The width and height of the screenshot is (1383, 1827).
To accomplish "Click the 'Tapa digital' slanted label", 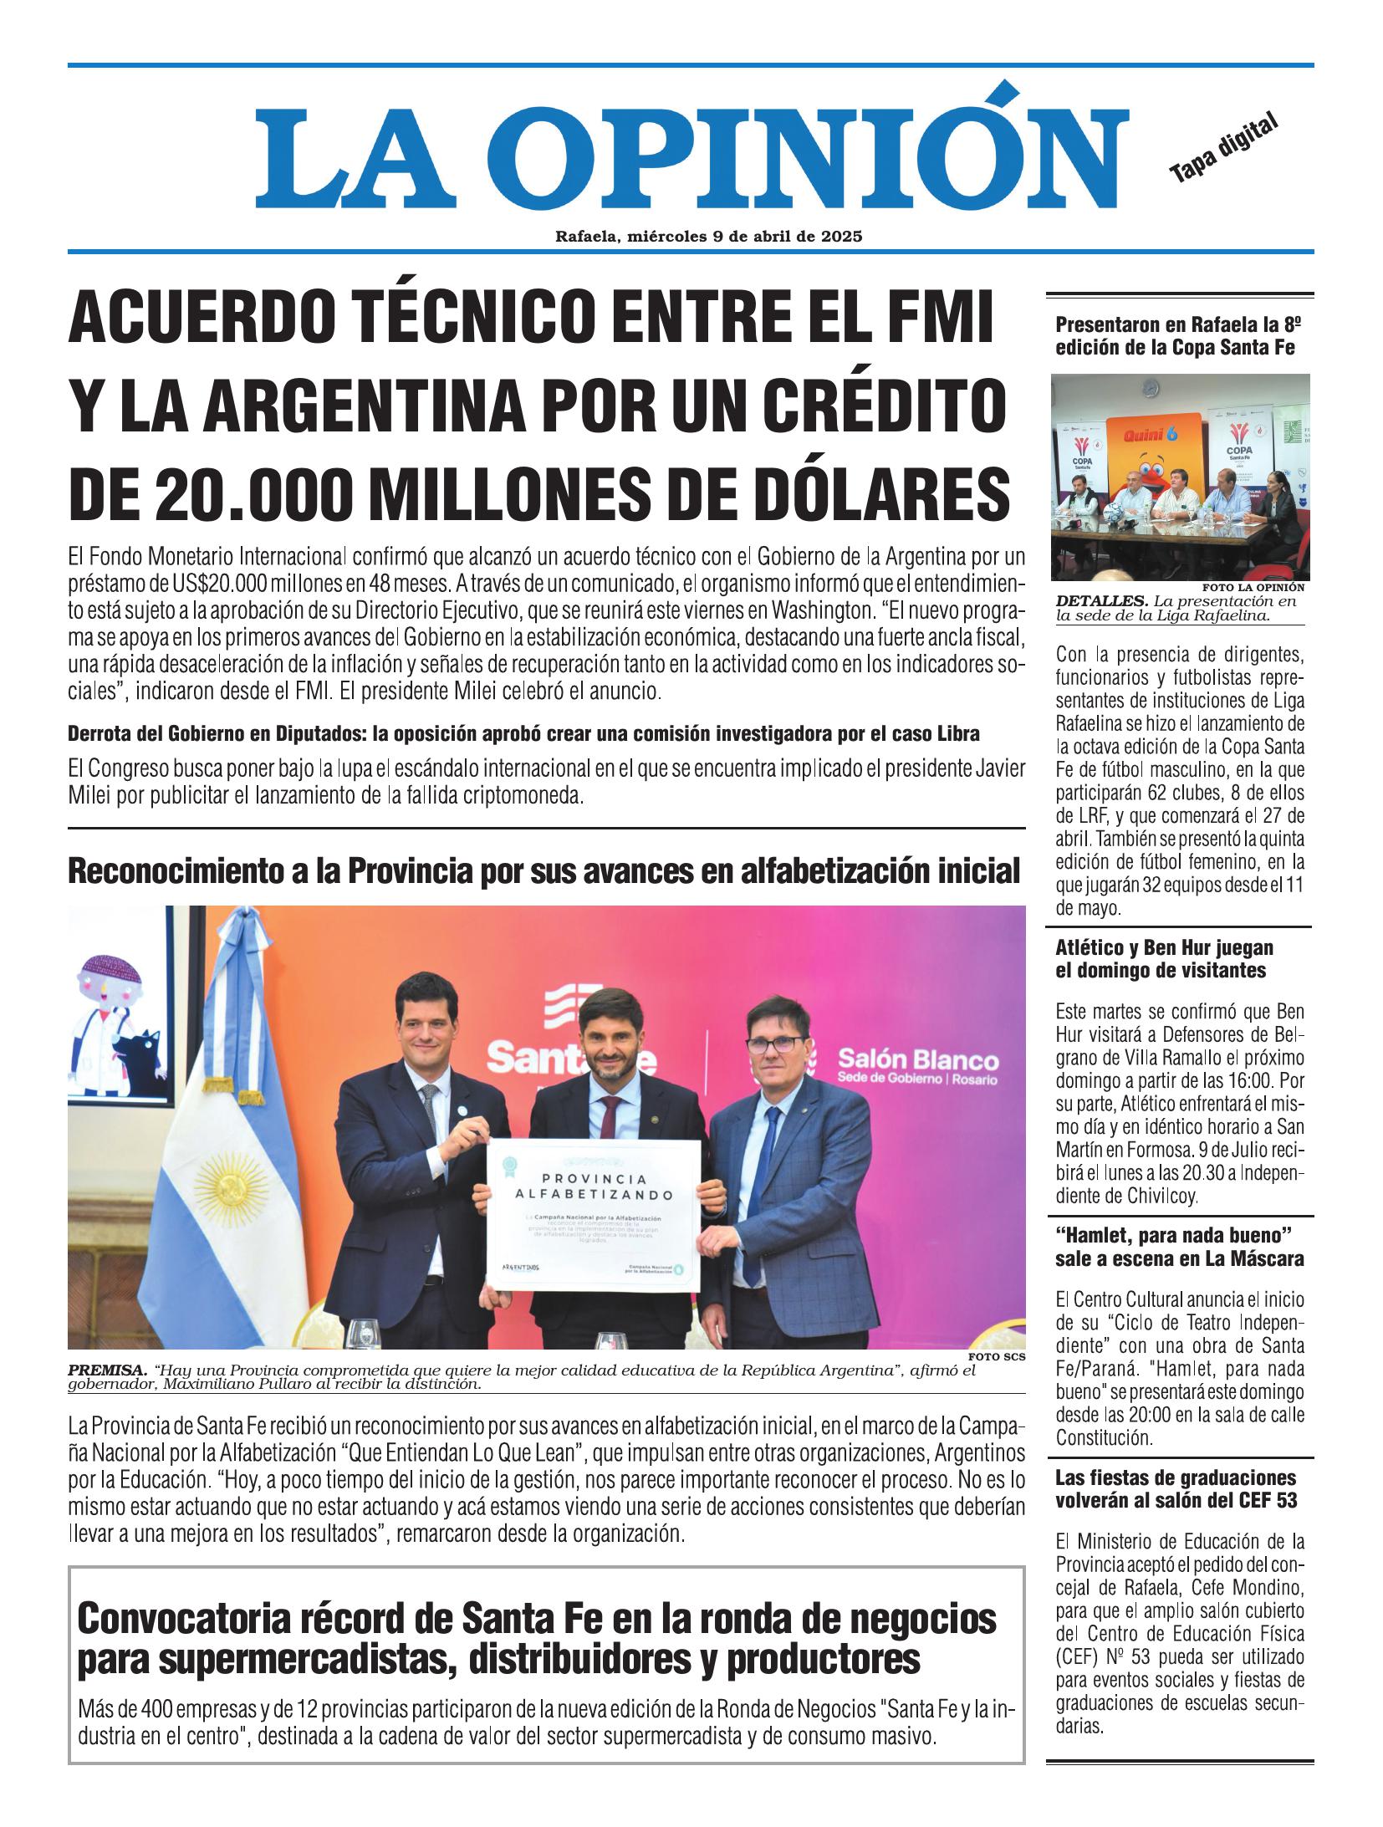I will pyautogui.click(x=1224, y=148).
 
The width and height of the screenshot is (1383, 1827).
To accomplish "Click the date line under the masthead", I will pyautogui.click(x=708, y=237).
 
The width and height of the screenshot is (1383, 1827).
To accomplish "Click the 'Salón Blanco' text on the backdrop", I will pyautogui.click(x=918, y=1061).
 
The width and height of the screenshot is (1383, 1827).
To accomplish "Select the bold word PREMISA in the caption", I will pyautogui.click(x=106, y=1371).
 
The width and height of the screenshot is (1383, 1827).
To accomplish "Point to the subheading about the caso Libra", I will pyautogui.click(x=523, y=734).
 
